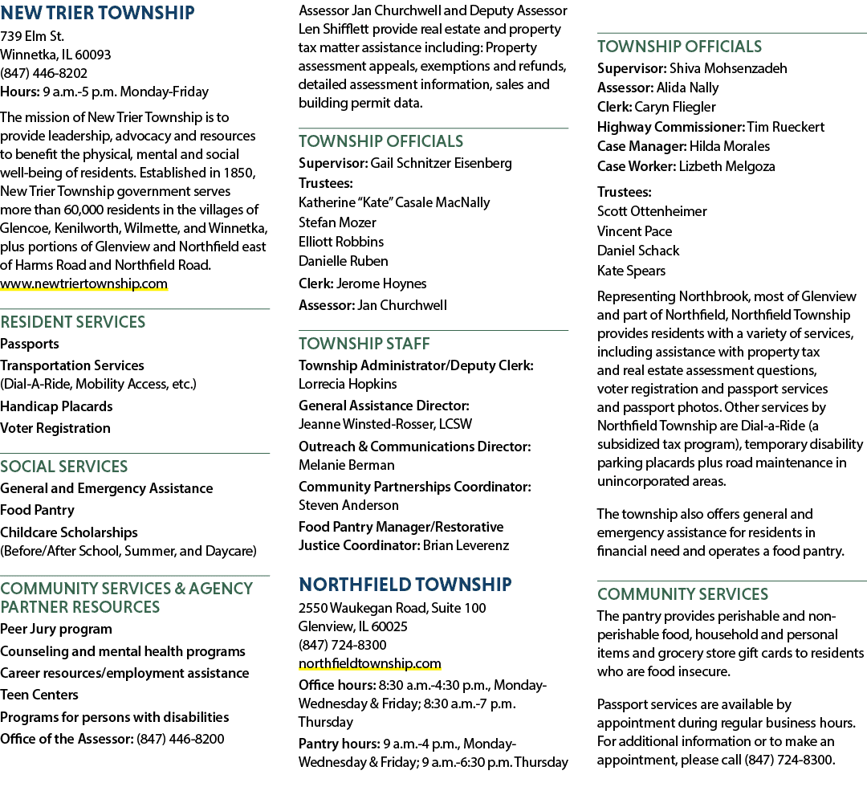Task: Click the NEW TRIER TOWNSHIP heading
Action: click(x=97, y=13)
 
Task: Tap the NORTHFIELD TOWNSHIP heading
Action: click(x=405, y=585)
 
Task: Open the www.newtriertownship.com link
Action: click(x=83, y=283)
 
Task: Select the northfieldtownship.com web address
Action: click(x=370, y=663)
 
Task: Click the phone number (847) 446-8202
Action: click(x=43, y=73)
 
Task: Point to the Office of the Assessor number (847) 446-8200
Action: click(x=181, y=739)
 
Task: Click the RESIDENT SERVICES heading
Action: click(x=73, y=322)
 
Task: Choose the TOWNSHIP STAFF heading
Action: click(x=364, y=344)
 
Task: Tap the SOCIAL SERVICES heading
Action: click(x=64, y=467)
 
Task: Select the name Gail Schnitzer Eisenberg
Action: click(x=442, y=163)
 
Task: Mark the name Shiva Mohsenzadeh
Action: click(x=728, y=68)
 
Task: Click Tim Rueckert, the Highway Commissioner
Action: click(x=786, y=127)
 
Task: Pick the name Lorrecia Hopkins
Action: click(x=348, y=384)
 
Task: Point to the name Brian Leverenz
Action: click(x=466, y=545)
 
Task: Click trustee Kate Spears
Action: click(x=632, y=271)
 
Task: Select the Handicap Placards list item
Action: click(x=56, y=406)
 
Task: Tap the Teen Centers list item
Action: click(x=39, y=695)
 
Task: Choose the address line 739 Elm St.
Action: click(x=32, y=36)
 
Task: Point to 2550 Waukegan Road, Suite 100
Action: click(x=392, y=609)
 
